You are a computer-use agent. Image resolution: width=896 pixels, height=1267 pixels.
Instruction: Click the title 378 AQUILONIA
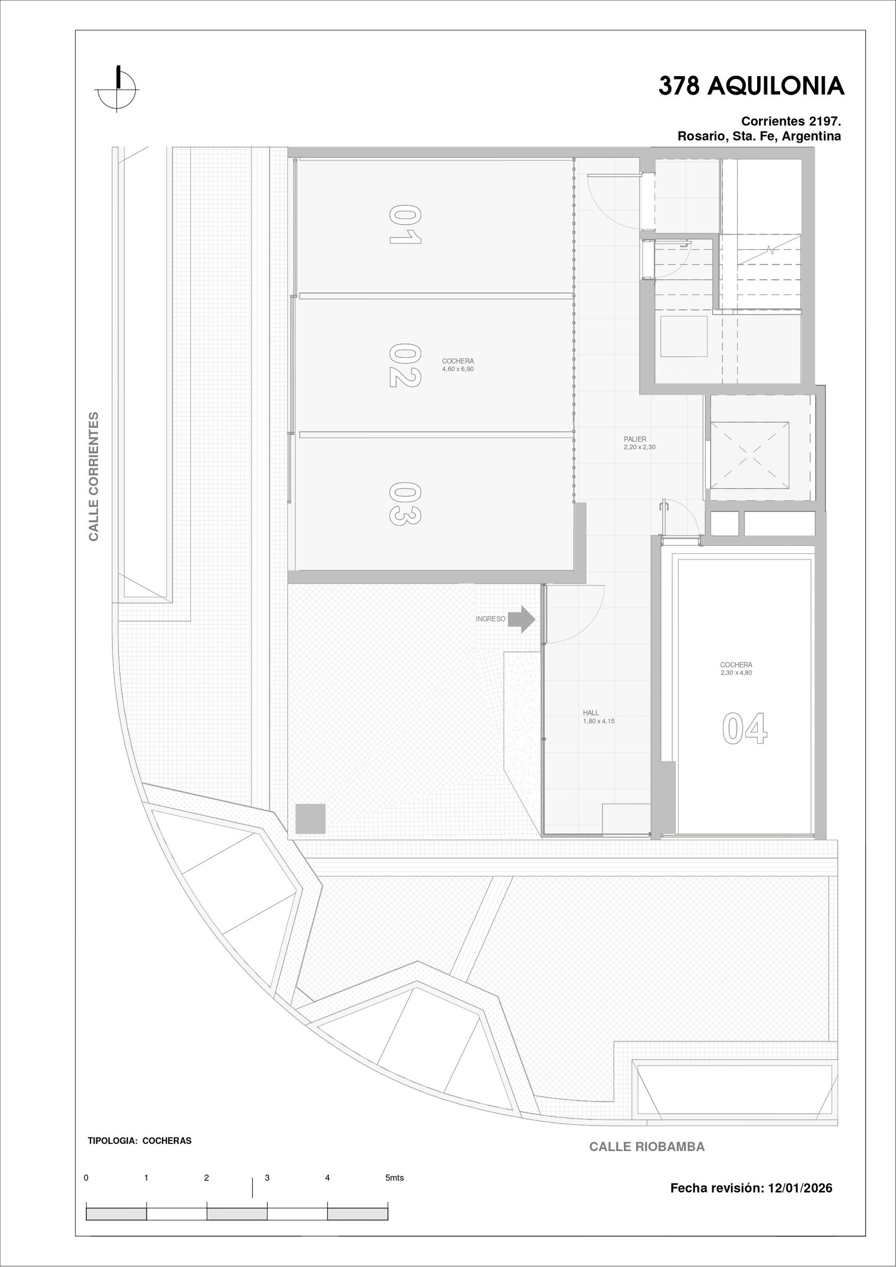[751, 86]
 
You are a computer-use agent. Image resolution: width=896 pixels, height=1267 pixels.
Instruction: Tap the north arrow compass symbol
[118, 89]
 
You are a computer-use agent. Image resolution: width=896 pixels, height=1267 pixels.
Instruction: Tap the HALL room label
[591, 713]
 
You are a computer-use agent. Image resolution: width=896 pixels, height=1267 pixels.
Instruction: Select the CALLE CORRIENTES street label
[94, 476]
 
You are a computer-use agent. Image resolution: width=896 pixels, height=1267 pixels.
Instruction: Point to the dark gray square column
[310, 819]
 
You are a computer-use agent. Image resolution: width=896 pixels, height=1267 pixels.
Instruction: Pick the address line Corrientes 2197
[791, 121]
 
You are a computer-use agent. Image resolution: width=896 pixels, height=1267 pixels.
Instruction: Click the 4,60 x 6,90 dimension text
[458, 369]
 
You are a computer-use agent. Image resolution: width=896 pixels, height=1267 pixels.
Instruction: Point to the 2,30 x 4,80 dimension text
[736, 673]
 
